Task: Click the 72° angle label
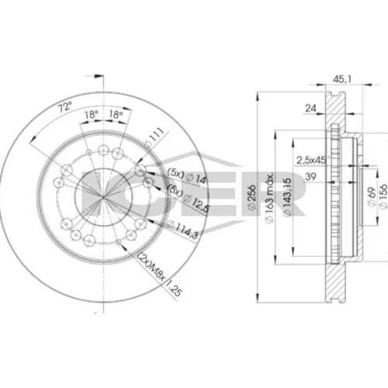tap(65, 106)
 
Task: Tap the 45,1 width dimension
tap(342, 79)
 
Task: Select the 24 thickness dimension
tap(310, 108)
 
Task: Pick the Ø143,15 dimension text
tap(287, 197)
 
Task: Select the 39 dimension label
tap(310, 176)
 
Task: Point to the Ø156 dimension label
tap(383, 196)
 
